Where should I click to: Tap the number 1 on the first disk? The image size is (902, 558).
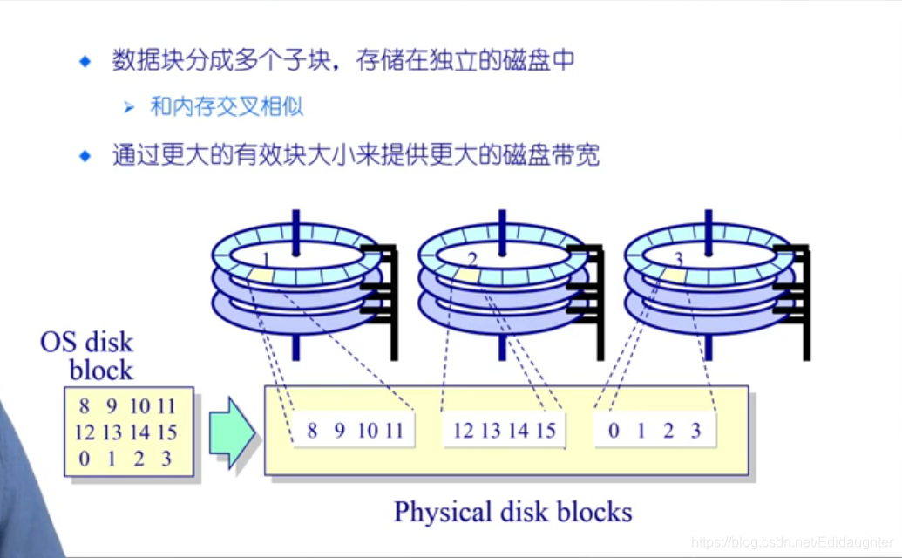coord(267,259)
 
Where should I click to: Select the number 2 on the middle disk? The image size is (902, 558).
coord(472,259)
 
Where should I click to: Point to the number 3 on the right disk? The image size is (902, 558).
coord(679,259)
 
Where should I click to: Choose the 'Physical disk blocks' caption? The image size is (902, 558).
coord(512,511)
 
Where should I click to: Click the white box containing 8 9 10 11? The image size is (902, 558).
coord(354,431)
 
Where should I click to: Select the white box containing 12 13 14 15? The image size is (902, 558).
coord(505,431)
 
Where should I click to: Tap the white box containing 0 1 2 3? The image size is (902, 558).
coord(654,431)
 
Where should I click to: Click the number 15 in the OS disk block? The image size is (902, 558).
coord(166,432)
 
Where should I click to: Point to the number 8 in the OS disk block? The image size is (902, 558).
coord(84,406)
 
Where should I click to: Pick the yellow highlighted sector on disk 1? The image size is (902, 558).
coord(261,275)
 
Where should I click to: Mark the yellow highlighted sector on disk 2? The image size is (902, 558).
coord(467,276)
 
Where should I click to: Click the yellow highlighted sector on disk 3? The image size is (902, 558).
coord(671,276)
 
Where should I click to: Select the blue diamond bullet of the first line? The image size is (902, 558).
coord(85,61)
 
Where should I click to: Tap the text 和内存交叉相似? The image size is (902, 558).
coord(227,107)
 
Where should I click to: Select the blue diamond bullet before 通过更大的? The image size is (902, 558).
coord(85,156)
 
